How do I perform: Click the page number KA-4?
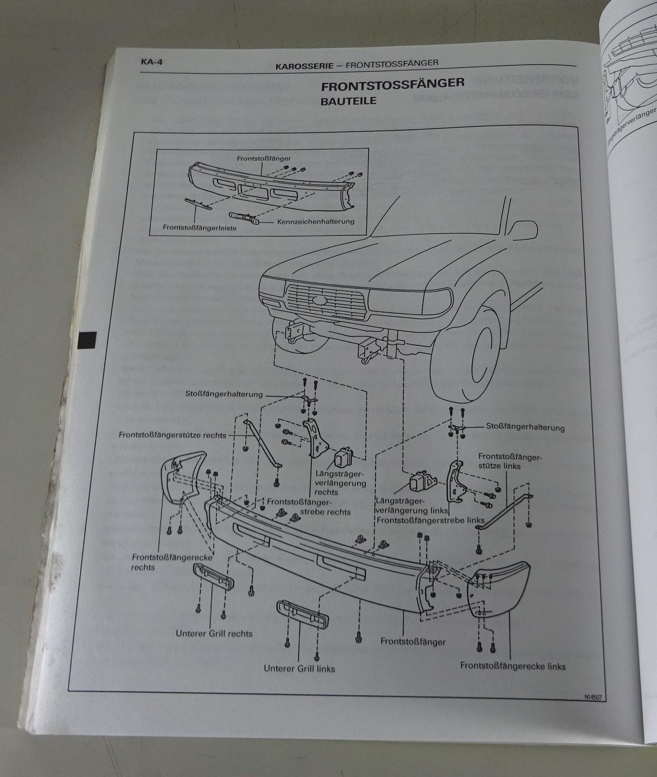[151, 62]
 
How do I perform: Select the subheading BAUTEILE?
[348, 101]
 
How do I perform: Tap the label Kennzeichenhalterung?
[315, 221]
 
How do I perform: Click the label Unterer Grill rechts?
[214, 633]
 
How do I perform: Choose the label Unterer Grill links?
[299, 668]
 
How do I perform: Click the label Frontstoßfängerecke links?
[512, 666]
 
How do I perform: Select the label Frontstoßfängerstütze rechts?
[172, 435]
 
